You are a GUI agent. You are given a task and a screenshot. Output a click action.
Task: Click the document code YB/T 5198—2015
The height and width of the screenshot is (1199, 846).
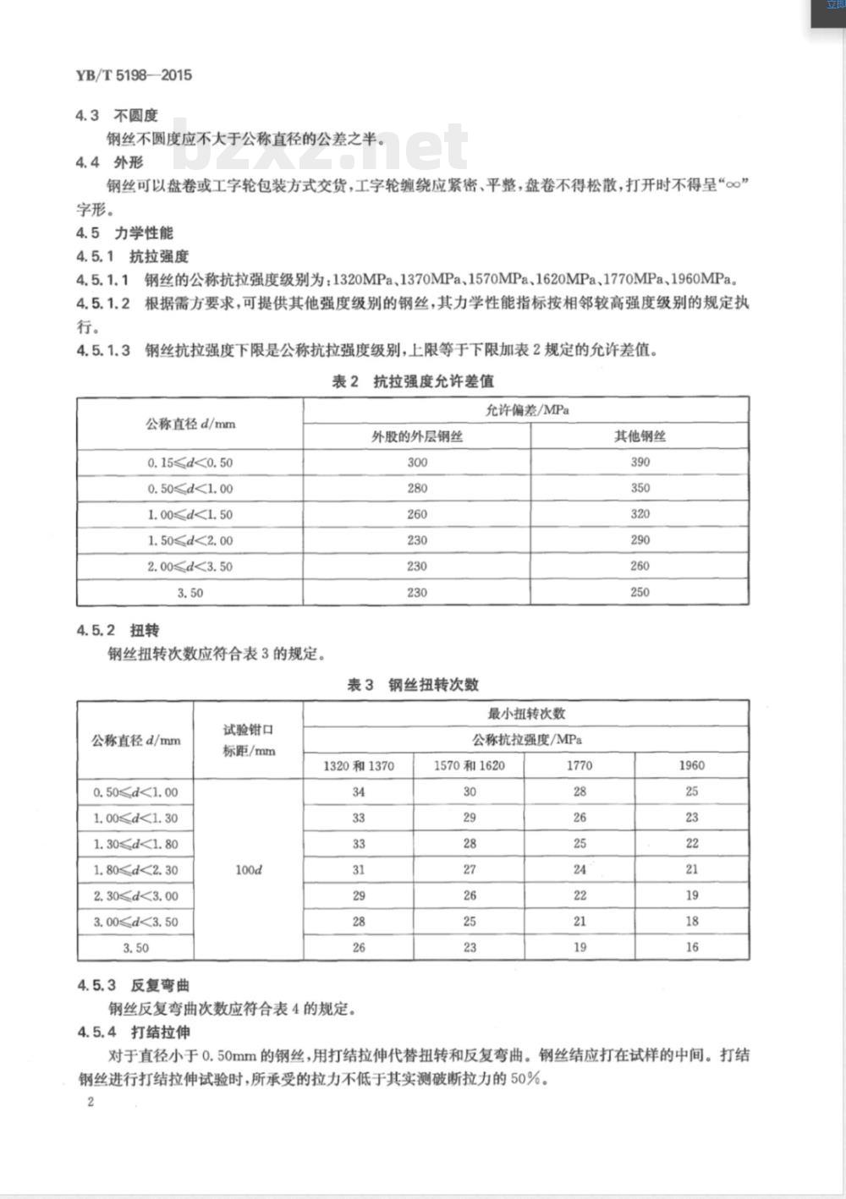click(134, 75)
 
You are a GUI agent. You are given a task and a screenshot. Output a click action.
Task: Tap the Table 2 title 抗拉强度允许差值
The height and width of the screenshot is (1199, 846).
click(413, 381)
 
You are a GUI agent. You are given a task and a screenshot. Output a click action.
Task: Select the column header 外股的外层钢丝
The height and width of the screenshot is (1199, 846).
click(417, 436)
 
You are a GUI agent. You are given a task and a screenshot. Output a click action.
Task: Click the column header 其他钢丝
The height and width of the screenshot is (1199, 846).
click(640, 436)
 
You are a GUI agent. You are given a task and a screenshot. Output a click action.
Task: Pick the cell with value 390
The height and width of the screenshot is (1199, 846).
click(640, 462)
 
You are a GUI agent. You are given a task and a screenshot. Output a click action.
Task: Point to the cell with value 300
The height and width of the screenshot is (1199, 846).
click(417, 463)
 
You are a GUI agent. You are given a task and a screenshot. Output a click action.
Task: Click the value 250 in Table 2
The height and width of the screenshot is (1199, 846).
click(640, 592)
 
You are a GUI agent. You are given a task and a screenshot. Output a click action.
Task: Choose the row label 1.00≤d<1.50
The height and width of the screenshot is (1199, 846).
click(190, 514)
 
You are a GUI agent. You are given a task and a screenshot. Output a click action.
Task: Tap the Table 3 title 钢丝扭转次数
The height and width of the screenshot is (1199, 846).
click(413, 685)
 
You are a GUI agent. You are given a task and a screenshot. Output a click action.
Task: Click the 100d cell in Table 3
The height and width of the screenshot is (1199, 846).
click(248, 869)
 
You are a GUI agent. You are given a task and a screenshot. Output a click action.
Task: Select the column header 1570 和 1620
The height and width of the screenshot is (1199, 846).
click(469, 765)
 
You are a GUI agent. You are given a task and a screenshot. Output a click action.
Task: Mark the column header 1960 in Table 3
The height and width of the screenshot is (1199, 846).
click(691, 765)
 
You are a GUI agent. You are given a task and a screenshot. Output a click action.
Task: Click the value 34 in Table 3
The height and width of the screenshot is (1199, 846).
click(359, 791)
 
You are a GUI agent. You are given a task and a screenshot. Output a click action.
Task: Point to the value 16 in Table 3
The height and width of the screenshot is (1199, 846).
click(692, 947)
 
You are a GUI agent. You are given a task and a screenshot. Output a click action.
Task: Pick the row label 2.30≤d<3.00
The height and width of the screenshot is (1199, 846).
click(135, 895)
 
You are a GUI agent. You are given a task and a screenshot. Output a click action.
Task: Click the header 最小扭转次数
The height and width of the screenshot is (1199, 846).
click(526, 714)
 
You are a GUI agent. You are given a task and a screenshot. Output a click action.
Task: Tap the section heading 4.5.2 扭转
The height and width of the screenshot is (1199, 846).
click(118, 631)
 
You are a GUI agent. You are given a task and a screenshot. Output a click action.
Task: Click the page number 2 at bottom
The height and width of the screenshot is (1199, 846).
click(90, 1101)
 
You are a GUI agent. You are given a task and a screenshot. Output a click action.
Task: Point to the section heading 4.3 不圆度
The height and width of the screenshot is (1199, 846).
click(117, 116)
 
